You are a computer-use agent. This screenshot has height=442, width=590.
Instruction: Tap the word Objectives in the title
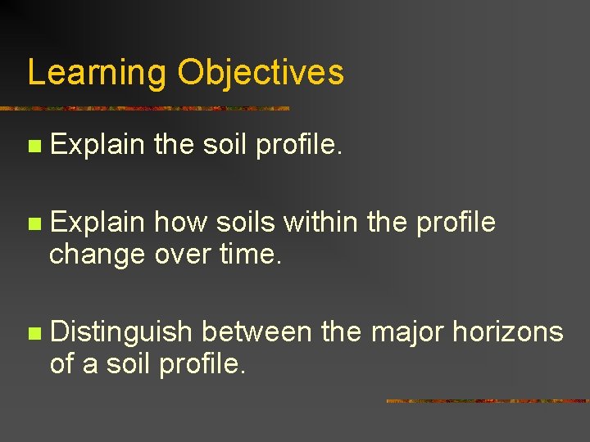click(261, 73)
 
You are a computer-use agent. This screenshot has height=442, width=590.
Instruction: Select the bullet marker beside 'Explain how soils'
click(33, 223)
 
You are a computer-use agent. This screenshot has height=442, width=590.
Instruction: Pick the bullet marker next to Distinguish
click(33, 333)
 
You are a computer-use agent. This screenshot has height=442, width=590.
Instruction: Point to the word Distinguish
click(121, 332)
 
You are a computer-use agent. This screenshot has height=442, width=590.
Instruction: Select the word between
click(256, 332)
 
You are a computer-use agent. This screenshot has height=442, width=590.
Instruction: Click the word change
click(98, 255)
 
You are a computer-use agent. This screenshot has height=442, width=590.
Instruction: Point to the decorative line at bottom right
click(488, 401)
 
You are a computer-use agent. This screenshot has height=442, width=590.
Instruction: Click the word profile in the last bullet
click(201, 364)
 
